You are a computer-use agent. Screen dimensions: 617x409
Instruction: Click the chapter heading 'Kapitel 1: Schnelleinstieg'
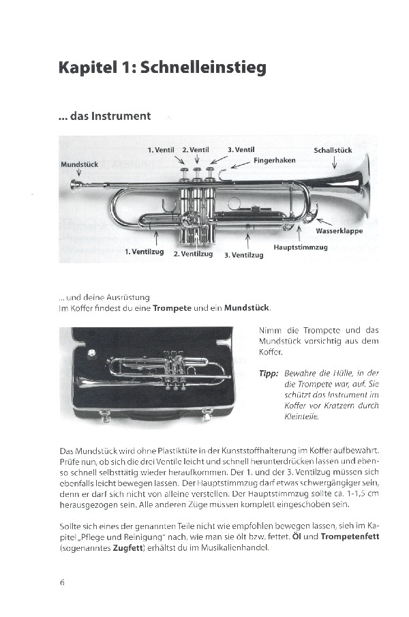pyautogui.click(x=162, y=68)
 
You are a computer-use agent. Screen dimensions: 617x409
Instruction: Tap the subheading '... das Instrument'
pyautogui.click(x=105, y=116)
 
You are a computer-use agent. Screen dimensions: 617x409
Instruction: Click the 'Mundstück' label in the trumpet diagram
pyautogui.click(x=80, y=164)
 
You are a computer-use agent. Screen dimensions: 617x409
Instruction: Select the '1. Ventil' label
pyautogui.click(x=161, y=149)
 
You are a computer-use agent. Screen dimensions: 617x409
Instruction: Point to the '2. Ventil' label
pyautogui.click(x=195, y=149)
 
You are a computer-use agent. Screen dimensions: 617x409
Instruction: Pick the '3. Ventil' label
pyautogui.click(x=241, y=149)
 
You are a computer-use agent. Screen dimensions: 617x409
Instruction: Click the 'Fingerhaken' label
pyautogui.click(x=274, y=160)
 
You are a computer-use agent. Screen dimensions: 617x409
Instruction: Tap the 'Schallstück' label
pyautogui.click(x=333, y=150)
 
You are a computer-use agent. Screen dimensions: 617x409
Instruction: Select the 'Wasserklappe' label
pyautogui.click(x=339, y=230)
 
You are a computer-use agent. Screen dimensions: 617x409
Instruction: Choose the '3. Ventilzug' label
pyautogui.click(x=243, y=255)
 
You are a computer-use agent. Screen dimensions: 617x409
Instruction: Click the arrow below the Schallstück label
pyautogui.click(x=334, y=163)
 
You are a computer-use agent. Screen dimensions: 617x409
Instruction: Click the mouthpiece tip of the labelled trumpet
pyautogui.click(x=73, y=184)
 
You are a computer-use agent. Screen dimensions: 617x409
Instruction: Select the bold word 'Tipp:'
pyautogui.click(x=269, y=373)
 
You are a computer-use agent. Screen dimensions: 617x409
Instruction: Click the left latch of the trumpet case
pyautogui.click(x=104, y=415)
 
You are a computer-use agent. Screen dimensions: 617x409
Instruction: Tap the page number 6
pyautogui.click(x=62, y=582)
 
